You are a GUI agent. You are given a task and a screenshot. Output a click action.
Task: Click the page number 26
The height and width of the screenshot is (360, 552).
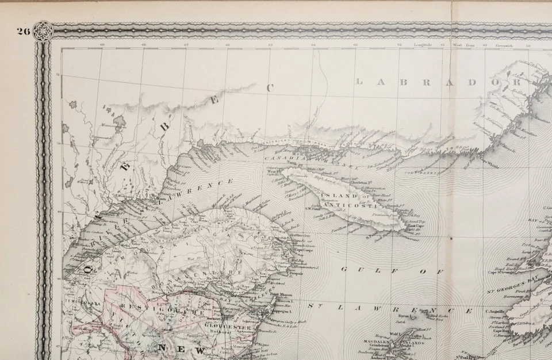tap(22, 31)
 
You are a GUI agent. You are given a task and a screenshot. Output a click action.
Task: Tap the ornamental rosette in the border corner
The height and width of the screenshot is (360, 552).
tap(43, 30)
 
